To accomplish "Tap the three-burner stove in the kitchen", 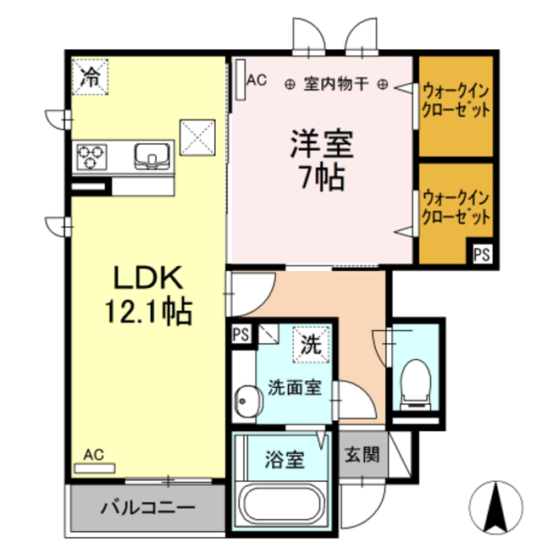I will [93, 156].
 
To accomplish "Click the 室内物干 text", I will [336, 84].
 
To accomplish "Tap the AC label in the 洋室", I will [257, 81].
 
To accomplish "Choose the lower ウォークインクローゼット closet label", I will [456, 208].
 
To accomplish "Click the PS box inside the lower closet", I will [481, 252].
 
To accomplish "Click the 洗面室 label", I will [294, 389].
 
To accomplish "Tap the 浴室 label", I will [285, 462].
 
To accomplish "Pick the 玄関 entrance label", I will [362, 455].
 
